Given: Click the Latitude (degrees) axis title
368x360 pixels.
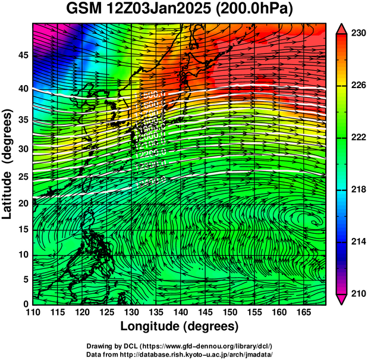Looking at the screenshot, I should click(x=8, y=164).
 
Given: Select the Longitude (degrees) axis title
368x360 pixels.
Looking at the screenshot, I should click(x=180, y=327).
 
